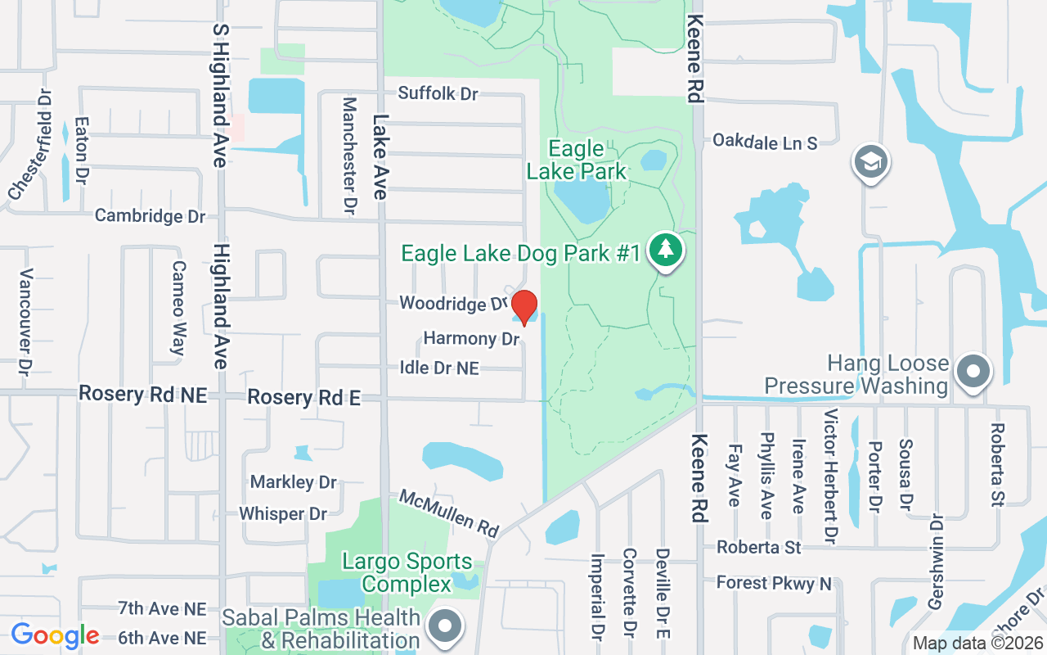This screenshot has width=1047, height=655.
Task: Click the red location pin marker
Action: click(524, 307)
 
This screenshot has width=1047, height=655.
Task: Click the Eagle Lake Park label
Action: click(577, 160)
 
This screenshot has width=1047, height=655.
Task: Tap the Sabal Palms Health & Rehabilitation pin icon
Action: click(445, 628)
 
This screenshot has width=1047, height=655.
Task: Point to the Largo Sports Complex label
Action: click(407, 572)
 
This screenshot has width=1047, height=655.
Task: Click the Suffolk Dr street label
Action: click(438, 93)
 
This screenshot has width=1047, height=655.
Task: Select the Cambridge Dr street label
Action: click(150, 216)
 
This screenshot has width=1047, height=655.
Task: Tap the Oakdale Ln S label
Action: click(765, 142)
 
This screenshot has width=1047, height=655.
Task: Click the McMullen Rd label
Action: click(449, 513)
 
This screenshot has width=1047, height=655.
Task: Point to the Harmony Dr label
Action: click(471, 338)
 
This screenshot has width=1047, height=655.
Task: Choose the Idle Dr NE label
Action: click(439, 368)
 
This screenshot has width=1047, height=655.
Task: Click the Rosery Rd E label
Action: click(303, 398)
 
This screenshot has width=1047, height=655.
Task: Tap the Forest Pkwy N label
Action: click(774, 583)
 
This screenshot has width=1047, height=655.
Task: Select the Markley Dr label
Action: click(294, 482)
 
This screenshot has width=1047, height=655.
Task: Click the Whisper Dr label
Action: click(283, 514)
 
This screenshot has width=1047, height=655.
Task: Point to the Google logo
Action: click(55, 635)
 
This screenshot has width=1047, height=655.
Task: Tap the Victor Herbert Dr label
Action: click(830, 477)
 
